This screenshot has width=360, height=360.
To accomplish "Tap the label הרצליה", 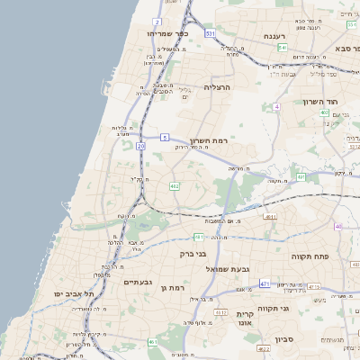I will click(x=218, y=87).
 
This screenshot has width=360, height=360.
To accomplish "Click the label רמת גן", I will click(x=170, y=287).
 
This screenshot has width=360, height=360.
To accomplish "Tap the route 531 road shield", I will click(x=210, y=33).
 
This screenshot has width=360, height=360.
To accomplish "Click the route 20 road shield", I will click(x=140, y=145).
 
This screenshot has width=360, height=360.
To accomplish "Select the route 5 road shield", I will click(x=165, y=137).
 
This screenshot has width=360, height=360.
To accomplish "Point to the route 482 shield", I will click(x=175, y=186).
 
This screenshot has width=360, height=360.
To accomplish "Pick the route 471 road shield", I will click(x=265, y=283).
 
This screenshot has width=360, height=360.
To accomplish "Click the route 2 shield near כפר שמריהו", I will click(x=157, y=21).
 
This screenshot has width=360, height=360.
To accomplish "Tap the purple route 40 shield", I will click(x=338, y=226).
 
